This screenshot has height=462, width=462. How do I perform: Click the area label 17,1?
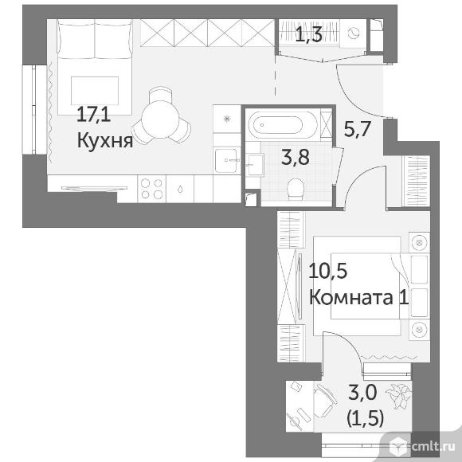coord(94,115)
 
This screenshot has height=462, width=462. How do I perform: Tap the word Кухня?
coord(105,140)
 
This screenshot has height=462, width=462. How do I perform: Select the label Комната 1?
coord(359,297)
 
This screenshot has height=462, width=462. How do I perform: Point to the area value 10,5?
coord(328,271)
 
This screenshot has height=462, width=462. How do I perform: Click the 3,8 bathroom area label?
coord(296,157)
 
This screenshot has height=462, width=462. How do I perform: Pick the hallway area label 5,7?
coord(357,129)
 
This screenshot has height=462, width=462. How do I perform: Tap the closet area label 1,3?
coord(309,34)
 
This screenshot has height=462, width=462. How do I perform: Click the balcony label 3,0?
coord(362,392)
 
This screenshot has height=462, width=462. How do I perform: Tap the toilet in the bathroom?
coord(296,189)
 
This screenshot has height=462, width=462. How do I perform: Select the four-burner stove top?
coord(151,189)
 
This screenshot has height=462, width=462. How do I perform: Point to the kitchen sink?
coord(226,161)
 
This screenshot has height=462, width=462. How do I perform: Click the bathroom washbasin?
coord(255,165)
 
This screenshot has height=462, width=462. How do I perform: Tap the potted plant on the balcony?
coord(398,394)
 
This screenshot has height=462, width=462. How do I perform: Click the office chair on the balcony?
coord(325,401)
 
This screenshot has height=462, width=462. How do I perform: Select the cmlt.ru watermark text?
coord(433,447)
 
